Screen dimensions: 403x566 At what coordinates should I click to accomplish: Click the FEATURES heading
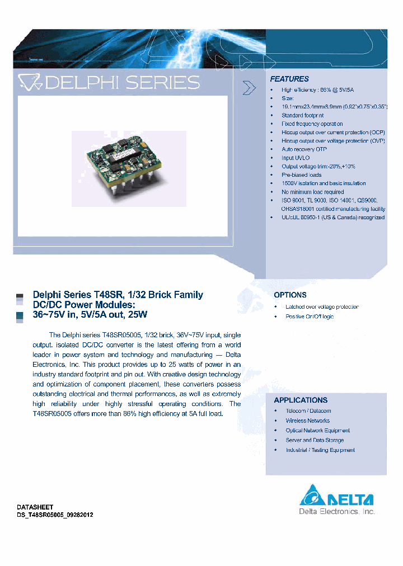(x=289, y=79)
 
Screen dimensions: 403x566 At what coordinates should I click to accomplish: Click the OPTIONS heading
(x=290, y=295)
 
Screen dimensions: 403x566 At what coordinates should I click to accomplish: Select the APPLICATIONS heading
(x=301, y=400)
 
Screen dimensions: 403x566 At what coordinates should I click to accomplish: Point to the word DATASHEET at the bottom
(x=35, y=507)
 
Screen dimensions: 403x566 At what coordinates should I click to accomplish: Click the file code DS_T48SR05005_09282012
(x=55, y=515)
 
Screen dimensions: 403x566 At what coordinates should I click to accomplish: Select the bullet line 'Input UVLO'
(x=296, y=158)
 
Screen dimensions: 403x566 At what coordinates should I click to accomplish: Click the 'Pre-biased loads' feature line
(x=301, y=175)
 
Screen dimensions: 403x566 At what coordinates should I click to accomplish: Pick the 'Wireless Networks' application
(x=307, y=421)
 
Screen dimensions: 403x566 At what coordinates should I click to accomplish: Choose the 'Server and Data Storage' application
(x=315, y=440)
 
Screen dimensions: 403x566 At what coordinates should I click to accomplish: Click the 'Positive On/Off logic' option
(x=310, y=317)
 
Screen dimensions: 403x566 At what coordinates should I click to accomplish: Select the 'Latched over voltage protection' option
(x=322, y=307)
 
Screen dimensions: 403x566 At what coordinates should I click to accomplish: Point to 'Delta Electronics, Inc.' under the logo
(x=337, y=512)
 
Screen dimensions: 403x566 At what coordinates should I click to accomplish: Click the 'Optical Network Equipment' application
(x=317, y=431)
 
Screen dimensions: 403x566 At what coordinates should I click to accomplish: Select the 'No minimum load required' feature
(x=312, y=192)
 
